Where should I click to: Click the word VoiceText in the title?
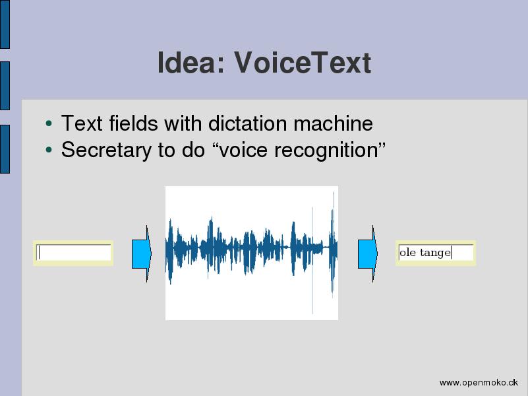click(x=303, y=62)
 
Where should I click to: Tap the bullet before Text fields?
click(x=49, y=123)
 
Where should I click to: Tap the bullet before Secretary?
click(x=49, y=150)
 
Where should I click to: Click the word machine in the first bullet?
click(x=333, y=123)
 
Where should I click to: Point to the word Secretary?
click(x=106, y=150)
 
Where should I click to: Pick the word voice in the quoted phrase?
click(x=243, y=150)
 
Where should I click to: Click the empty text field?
click(x=73, y=253)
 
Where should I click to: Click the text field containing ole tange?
click(x=436, y=253)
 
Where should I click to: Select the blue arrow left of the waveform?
click(x=142, y=254)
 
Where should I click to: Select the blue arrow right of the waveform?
click(x=368, y=254)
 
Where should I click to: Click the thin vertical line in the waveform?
click(x=312, y=260)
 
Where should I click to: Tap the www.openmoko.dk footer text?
click(x=479, y=383)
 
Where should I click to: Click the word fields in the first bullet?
click(x=133, y=123)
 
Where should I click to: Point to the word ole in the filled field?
click(x=407, y=252)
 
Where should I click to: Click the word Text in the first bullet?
click(x=82, y=123)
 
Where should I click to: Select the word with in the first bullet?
click(x=183, y=123)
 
